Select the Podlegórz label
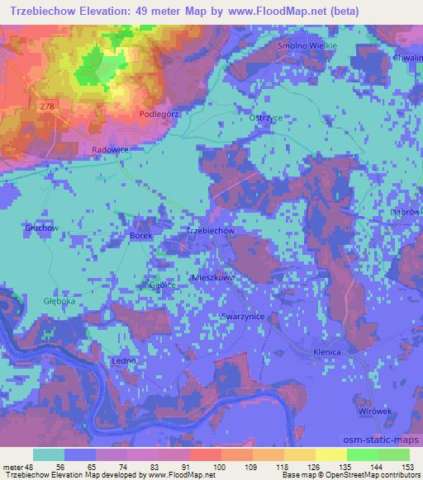159,114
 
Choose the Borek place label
142,236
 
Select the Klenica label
327,352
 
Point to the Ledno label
122,362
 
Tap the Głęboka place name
36,302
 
